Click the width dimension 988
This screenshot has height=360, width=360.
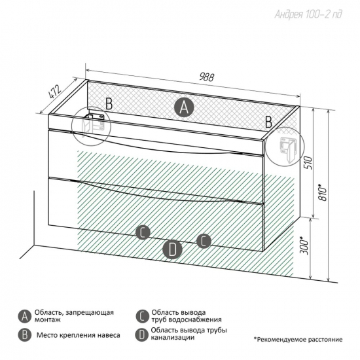coord(206,77)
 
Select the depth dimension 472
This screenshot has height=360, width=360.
coord(55,92)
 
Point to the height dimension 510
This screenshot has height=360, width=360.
coord(309,163)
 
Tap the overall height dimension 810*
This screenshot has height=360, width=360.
coord(323,192)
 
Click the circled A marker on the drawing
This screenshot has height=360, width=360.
coord(184,107)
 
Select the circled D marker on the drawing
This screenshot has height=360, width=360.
coord(172,250)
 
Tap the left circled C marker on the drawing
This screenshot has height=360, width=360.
coord(143,232)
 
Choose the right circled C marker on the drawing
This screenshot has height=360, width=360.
coord(204,241)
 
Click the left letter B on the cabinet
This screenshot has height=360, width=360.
coord(109,103)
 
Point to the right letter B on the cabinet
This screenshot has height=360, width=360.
coord(268,122)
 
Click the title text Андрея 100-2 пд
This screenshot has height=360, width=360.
coord(308,14)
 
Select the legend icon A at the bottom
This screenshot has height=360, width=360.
coord(25,317)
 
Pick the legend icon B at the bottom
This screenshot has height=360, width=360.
coord(25,335)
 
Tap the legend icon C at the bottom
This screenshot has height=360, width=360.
coord(142,316)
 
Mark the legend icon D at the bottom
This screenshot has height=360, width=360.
coord(142,335)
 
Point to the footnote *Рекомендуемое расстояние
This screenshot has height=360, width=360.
coord(298,339)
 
